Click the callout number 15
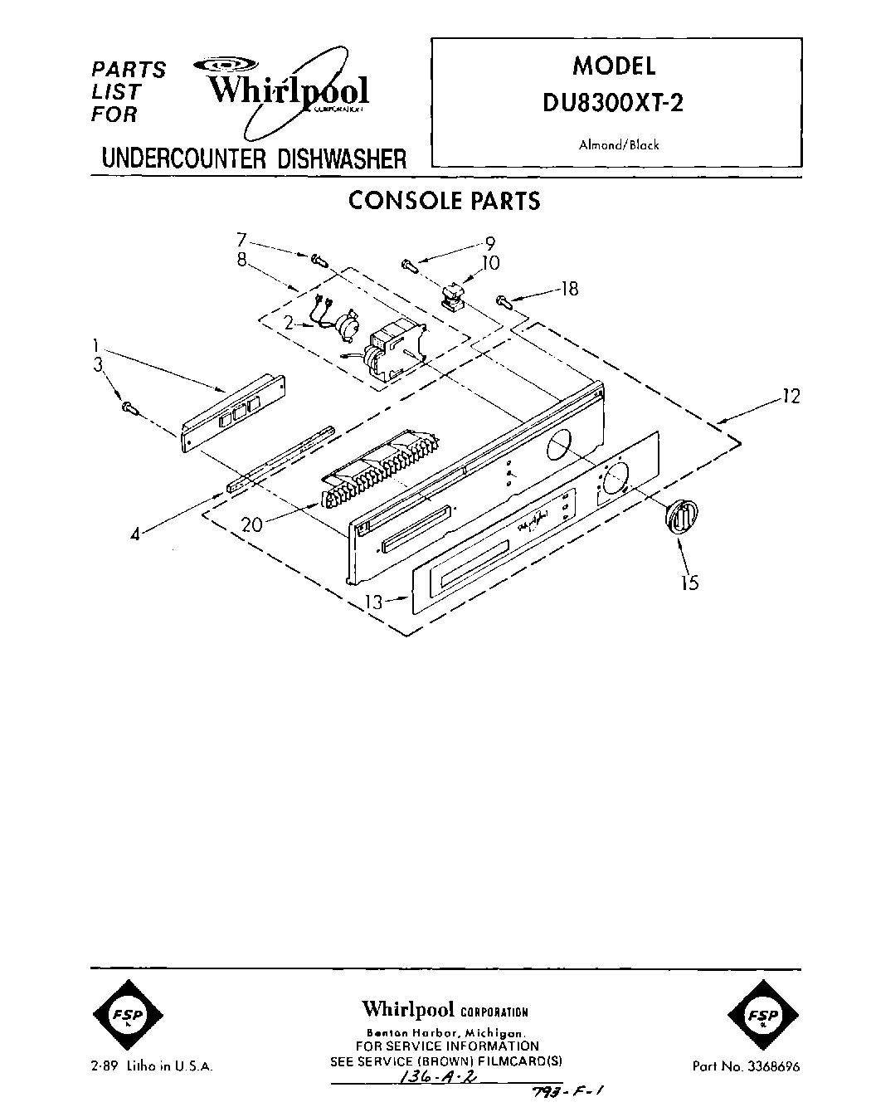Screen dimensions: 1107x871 pyautogui.click(x=689, y=583)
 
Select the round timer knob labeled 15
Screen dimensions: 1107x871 pyautogui.click(x=681, y=516)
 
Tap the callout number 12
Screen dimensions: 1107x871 pyautogui.click(x=791, y=397)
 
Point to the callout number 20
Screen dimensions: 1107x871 pyautogui.click(x=252, y=524)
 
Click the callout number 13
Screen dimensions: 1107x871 pyautogui.click(x=376, y=602)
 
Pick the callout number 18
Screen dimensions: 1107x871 pyautogui.click(x=568, y=289)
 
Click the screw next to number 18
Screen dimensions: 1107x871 pyautogui.click(x=504, y=300)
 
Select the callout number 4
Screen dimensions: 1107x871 pyautogui.click(x=135, y=535)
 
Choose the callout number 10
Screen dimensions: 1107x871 pyautogui.click(x=490, y=263)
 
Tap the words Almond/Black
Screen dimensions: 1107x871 pyautogui.click(x=618, y=144)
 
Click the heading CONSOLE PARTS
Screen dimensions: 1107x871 pyautogui.click(x=444, y=201)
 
